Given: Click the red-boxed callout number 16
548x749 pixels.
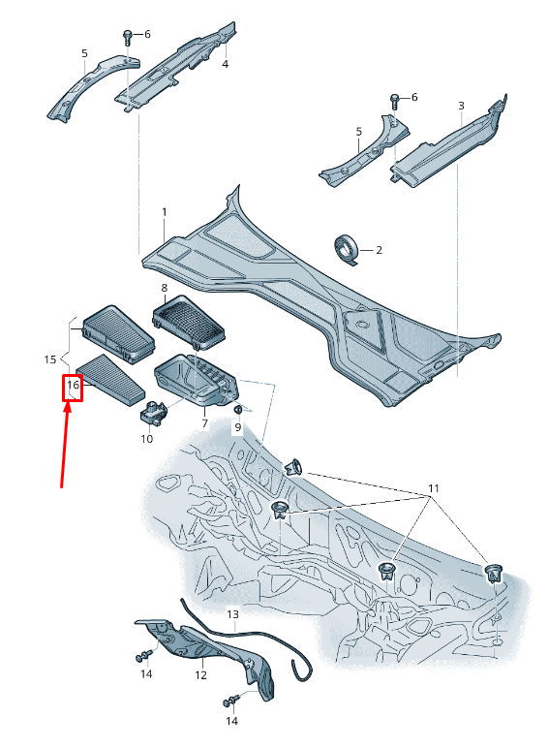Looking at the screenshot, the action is coord(73,385).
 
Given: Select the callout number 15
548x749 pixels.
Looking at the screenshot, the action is coord(50,359).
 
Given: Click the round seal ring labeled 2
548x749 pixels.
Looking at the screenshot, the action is coord(347,249).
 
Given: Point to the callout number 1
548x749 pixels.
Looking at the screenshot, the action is coord(165,211).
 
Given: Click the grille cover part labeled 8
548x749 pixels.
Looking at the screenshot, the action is coord(188,321).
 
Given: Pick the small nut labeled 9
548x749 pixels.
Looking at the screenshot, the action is coord(237,409).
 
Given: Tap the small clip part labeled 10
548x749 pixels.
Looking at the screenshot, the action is coord(153,412).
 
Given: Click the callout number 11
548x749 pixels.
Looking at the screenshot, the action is coord(433,488).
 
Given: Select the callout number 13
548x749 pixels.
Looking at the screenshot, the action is coord(232,613).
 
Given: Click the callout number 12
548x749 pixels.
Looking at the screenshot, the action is coord(201,675).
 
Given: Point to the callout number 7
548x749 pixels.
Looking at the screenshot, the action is coord(205,423).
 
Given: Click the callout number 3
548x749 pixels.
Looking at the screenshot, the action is coord(461,106).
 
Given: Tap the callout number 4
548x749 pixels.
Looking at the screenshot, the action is coord(225,64).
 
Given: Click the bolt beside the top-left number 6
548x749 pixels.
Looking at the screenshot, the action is coord(128,37).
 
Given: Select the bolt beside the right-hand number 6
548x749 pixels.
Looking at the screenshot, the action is coord(395,102).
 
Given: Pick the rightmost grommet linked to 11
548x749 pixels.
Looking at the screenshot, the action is coord(493,573).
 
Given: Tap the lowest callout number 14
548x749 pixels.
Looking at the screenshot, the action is coord(231,720).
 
